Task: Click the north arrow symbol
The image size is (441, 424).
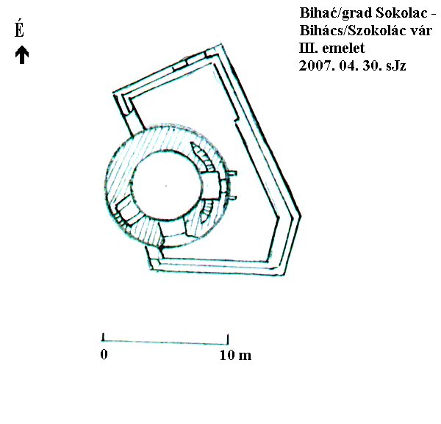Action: point(22,55)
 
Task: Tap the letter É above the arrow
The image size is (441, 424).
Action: point(19,29)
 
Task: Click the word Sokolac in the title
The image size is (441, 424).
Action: point(401,13)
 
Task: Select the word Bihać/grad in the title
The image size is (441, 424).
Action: point(337,13)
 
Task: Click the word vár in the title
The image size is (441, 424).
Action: point(421,31)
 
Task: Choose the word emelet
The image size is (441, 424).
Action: point(343,48)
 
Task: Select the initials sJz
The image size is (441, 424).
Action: point(396,66)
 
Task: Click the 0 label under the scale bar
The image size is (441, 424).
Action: point(104,354)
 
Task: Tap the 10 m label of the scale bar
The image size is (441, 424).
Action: point(236,355)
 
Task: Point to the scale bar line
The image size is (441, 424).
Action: point(165,342)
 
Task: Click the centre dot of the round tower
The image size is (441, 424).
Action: point(166,186)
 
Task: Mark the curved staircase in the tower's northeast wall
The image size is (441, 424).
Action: point(204,157)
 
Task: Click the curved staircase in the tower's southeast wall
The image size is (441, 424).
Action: point(207,211)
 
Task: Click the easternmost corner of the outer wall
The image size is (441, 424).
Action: point(301,216)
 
